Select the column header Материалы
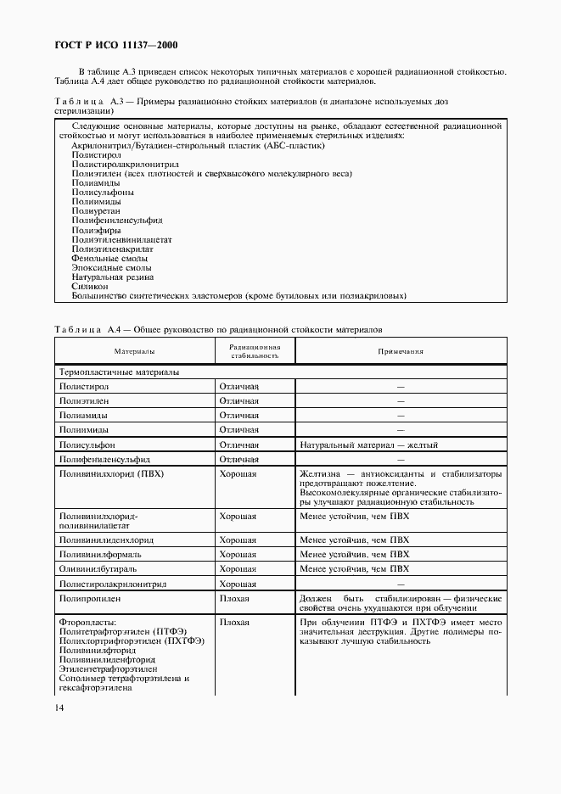tap(135, 350)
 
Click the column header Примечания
tap(401, 350)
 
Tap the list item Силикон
tap(90, 287)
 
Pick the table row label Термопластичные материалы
tap(118, 372)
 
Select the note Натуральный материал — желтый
tap(369, 445)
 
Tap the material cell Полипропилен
tap(90, 599)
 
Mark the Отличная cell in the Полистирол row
tap(238, 386)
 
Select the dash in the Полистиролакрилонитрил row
tap(401, 584)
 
